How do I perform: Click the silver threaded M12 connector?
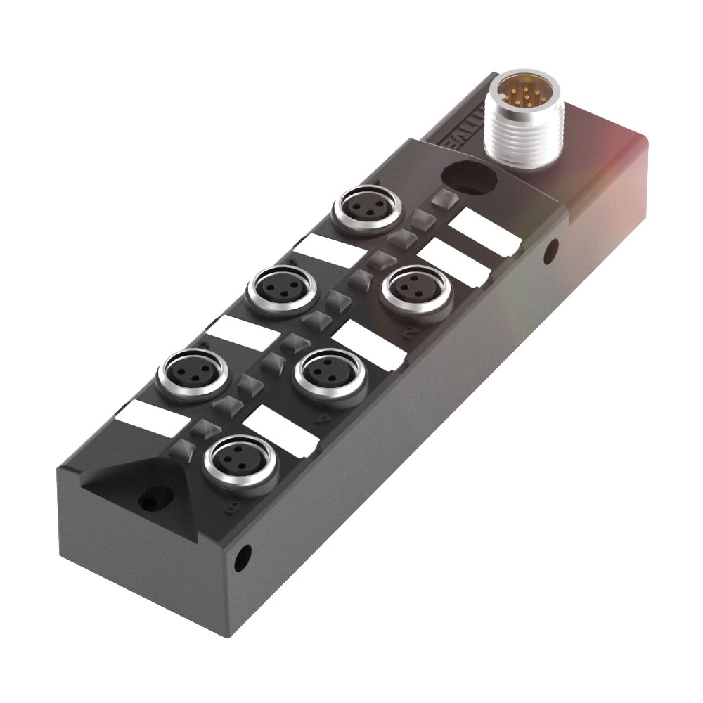pyautogui.click(x=521, y=127)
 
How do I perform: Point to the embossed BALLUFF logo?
pyautogui.click(x=465, y=127)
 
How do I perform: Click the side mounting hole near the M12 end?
pyautogui.click(x=553, y=247)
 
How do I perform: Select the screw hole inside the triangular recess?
pyautogui.click(x=148, y=501)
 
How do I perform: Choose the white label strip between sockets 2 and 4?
pyautogui.click(x=366, y=344)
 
